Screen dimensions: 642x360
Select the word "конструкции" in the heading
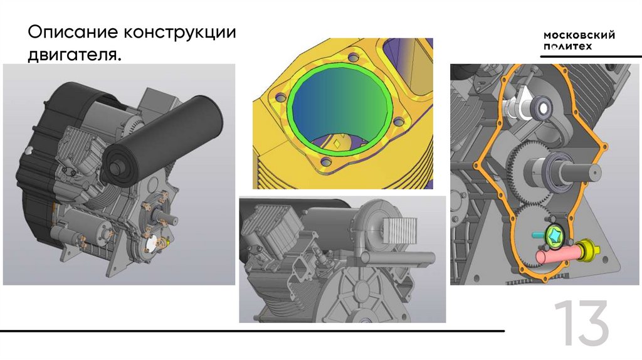(x=179, y=33)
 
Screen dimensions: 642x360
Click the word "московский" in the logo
(x=579, y=35)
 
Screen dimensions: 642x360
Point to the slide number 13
(x=582, y=323)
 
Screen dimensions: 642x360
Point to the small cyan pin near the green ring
(x=539, y=235)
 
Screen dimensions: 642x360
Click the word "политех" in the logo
(x=567, y=46)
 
